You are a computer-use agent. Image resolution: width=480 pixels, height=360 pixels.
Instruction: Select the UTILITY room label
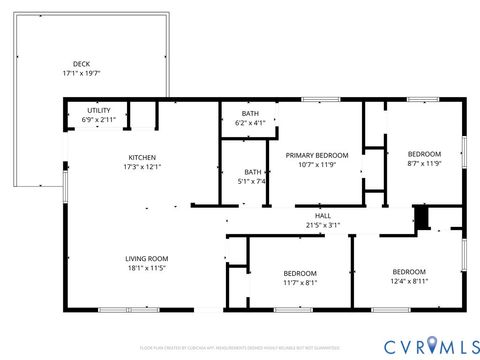point(98,110)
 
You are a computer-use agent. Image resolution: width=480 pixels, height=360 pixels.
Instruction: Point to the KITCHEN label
point(141,157)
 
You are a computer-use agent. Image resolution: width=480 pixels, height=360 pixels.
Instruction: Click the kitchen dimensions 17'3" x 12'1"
point(141,167)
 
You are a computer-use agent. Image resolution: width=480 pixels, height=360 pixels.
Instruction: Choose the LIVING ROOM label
point(146,257)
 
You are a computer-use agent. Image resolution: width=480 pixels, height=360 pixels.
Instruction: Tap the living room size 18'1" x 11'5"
point(146,267)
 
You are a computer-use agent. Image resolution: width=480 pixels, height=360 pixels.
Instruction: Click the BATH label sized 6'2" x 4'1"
point(250,113)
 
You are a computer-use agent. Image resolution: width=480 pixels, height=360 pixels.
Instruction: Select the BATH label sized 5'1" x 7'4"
point(254,171)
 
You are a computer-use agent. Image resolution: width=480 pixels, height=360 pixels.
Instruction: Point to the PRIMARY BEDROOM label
point(317,155)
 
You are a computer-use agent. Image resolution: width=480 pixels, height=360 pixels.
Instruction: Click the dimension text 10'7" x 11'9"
point(317,165)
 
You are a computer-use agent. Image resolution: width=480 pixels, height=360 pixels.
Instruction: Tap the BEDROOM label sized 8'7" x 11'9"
point(425,153)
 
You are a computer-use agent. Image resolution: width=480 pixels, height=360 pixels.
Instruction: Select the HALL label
point(323,215)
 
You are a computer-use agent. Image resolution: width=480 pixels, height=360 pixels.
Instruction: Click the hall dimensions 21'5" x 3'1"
point(323,225)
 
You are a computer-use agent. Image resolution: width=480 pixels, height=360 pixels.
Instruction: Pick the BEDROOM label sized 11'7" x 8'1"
point(299,273)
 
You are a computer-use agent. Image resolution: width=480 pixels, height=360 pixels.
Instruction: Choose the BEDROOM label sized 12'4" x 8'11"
point(409,272)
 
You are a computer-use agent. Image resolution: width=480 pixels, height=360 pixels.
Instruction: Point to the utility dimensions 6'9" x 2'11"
point(98,120)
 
